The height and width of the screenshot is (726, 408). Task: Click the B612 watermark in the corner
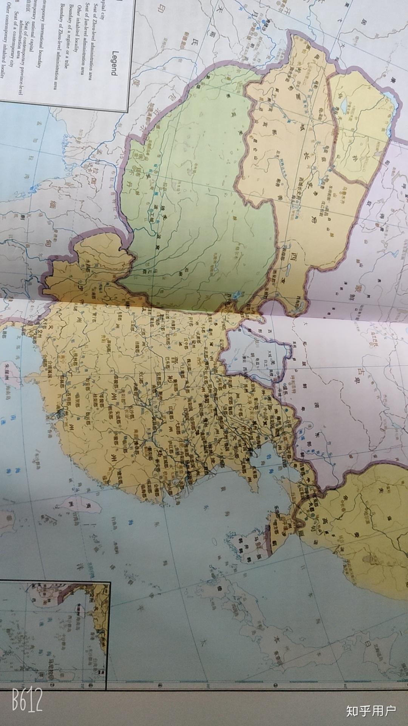(27, 699)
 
